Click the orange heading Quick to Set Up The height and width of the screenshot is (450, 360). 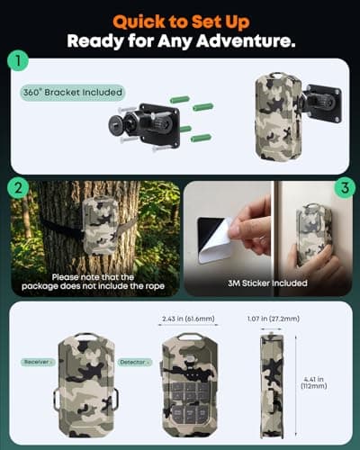[x=180, y=19]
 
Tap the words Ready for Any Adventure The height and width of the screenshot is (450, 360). [x=180, y=40]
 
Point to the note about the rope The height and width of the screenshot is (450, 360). [x=94, y=283]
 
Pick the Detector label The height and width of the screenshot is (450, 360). [x=134, y=362]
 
